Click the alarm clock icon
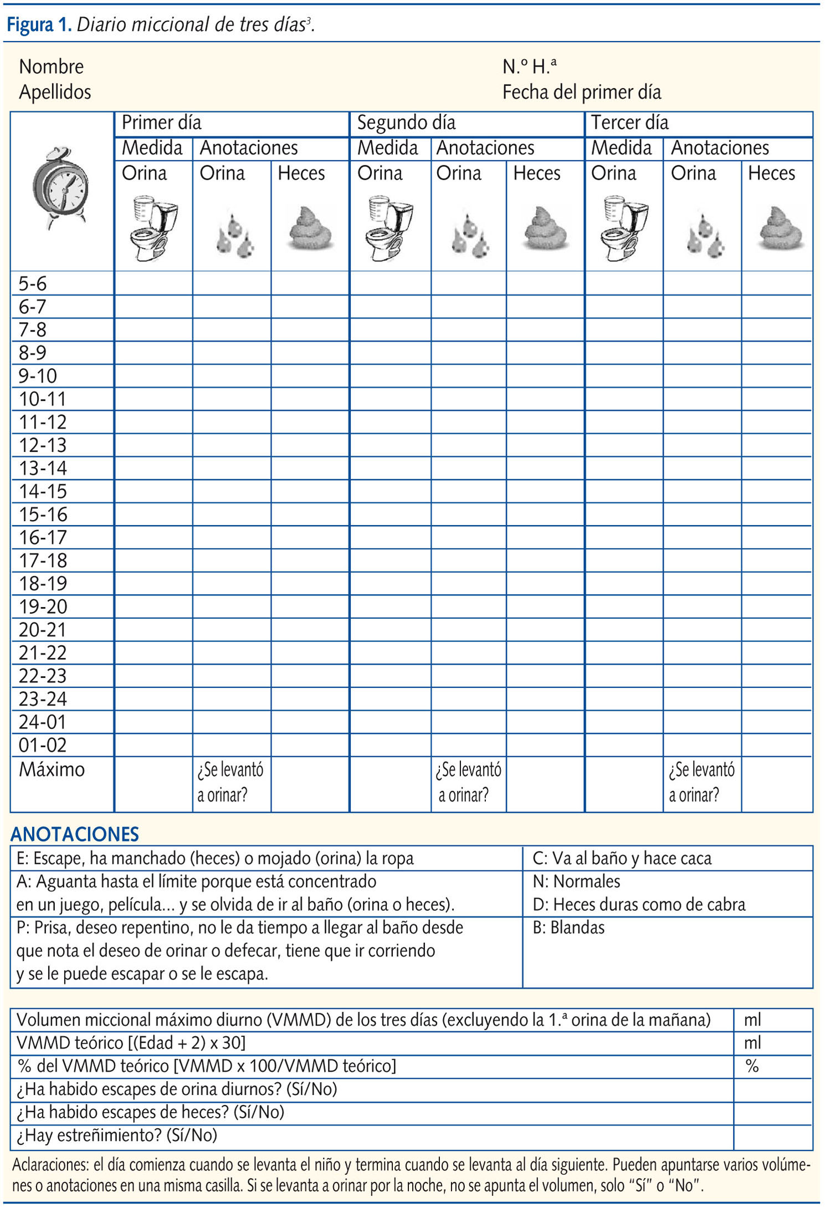tap(60, 187)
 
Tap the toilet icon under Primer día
tap(152, 227)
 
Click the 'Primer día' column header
tap(161, 123)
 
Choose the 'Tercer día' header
tap(629, 123)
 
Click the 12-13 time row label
tap(43, 445)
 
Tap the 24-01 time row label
tap(43, 722)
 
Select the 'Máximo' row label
tap(52, 769)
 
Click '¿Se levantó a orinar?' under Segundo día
tap(468, 782)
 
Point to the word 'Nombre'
tap(51, 67)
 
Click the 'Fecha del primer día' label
tap(582, 92)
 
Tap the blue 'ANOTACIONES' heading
tap(75, 834)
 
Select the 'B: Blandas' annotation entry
tap(568, 927)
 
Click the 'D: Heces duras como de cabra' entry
tap(639, 904)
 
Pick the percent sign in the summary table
tap(752, 1066)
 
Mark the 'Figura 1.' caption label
tap(39, 25)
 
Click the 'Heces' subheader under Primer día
tap(301, 174)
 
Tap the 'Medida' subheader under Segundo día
tap(387, 148)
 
